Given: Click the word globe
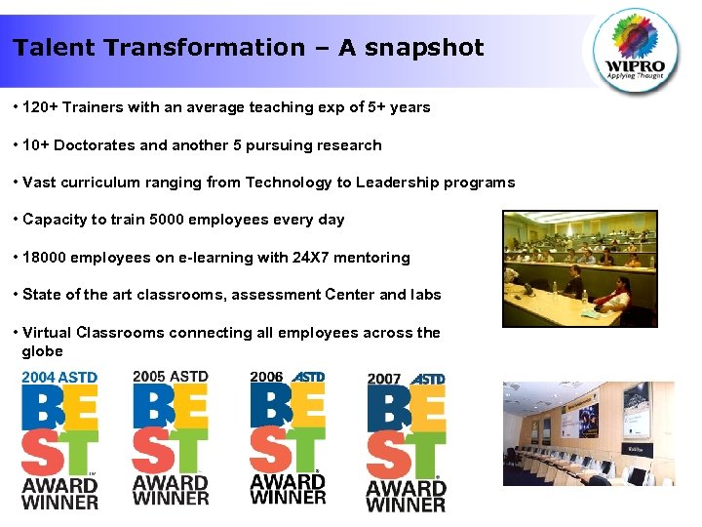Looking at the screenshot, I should [x=42, y=351].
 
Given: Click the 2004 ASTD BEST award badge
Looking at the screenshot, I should [x=59, y=440].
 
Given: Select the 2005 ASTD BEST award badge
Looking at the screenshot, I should [x=171, y=438].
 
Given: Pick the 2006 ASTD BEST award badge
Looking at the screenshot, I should [x=288, y=438].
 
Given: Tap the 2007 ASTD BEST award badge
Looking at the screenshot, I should [x=406, y=443].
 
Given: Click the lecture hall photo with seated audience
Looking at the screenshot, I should [x=579, y=268].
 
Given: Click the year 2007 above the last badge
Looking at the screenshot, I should [x=384, y=379].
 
